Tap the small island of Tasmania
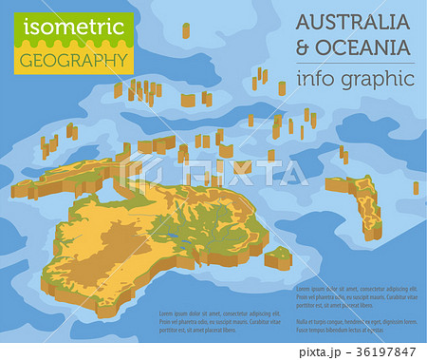[x=278, y=257]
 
